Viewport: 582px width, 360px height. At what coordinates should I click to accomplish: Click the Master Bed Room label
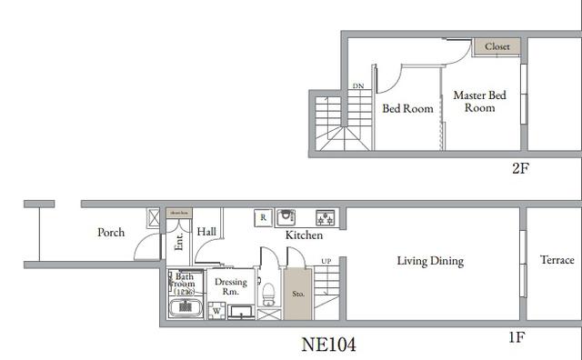point(479,101)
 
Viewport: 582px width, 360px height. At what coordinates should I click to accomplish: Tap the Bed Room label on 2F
point(406,109)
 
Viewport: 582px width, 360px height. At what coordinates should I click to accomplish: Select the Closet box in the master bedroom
point(497,46)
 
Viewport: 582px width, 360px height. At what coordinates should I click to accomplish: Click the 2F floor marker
point(520,168)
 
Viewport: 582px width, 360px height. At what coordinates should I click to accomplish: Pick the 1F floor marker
point(516,337)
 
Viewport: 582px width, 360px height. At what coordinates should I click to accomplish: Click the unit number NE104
point(328,345)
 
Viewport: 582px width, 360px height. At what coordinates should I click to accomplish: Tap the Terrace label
point(557,260)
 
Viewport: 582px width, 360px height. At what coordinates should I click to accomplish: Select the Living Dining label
point(429,262)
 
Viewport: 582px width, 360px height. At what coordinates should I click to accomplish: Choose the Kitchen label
point(304,235)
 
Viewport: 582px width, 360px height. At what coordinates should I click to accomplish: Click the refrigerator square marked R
point(263,217)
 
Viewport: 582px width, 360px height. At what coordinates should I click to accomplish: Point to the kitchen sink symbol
point(287,217)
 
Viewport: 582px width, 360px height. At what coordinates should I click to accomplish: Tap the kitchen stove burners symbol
point(325,217)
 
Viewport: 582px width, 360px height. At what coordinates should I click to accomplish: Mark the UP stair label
point(326,262)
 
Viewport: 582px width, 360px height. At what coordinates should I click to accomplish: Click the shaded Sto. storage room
point(298,294)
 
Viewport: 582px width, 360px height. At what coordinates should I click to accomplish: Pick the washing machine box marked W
point(216,311)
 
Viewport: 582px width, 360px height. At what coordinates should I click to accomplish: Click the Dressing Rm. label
point(230,286)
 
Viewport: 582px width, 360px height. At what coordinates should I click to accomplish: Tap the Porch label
point(111,233)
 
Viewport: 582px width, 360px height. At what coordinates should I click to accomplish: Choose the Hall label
point(206,233)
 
